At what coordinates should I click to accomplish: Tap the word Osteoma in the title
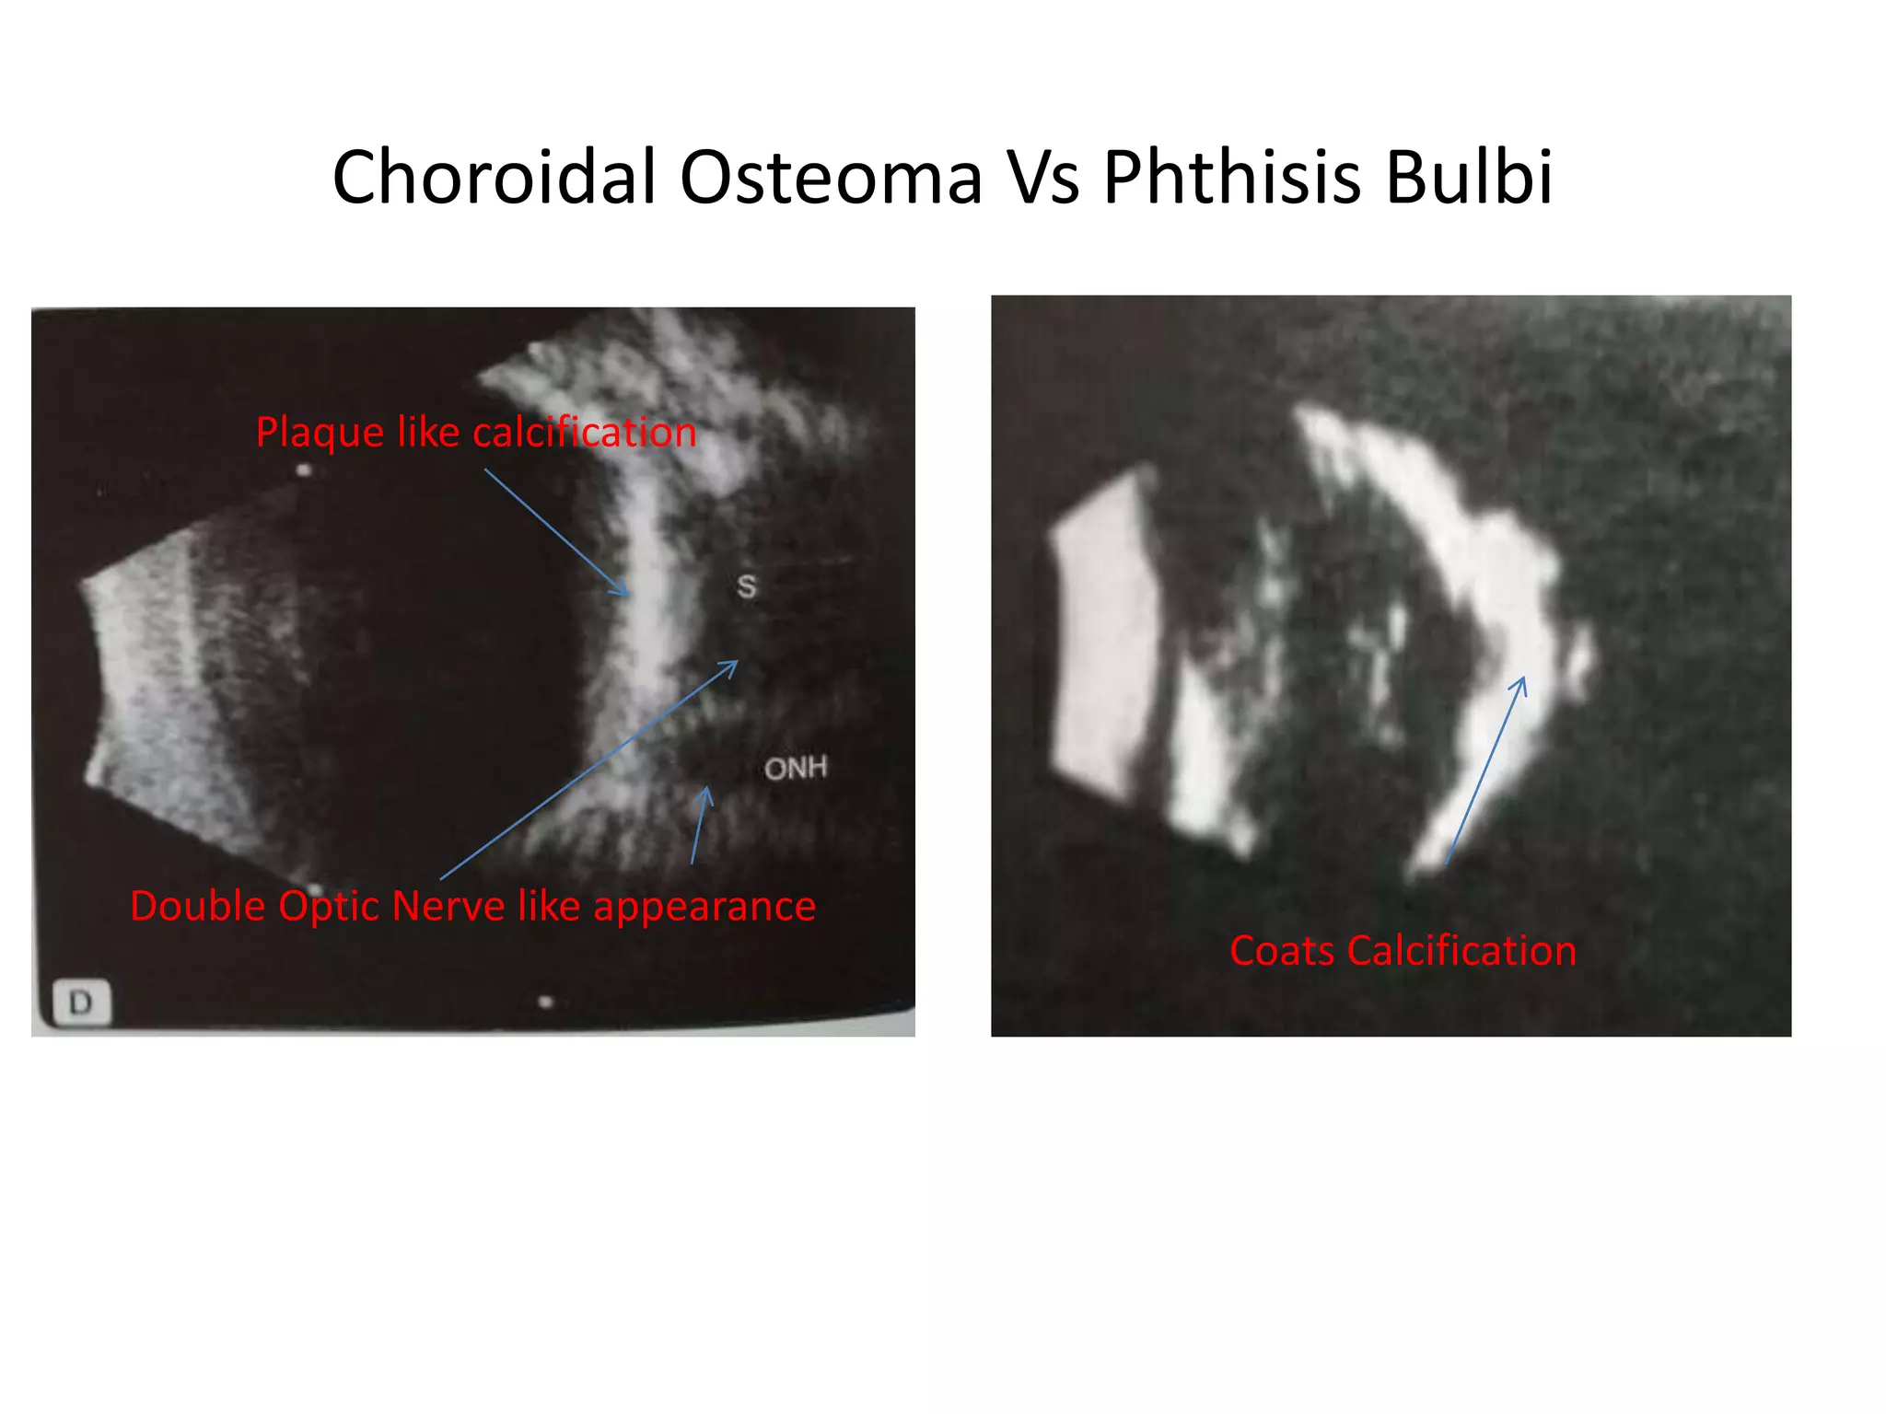[831, 177]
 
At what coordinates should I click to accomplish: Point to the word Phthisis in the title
[1232, 177]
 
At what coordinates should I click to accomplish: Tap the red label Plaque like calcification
[475, 433]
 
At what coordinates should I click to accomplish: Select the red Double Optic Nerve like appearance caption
[472, 906]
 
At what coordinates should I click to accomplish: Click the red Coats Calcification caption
[1403, 951]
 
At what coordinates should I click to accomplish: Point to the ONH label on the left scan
[796, 768]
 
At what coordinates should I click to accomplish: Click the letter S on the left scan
[746, 586]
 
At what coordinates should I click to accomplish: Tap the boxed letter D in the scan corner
[81, 1002]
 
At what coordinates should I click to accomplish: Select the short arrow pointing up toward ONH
[700, 825]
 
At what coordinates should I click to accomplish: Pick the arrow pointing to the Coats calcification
[1485, 770]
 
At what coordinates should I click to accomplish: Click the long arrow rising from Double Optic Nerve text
[589, 770]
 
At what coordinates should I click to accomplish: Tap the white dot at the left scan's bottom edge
[546, 1001]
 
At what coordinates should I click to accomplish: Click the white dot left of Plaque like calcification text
[304, 471]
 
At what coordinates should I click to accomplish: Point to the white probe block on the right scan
[1100, 635]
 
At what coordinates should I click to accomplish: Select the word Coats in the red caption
[1283, 951]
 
